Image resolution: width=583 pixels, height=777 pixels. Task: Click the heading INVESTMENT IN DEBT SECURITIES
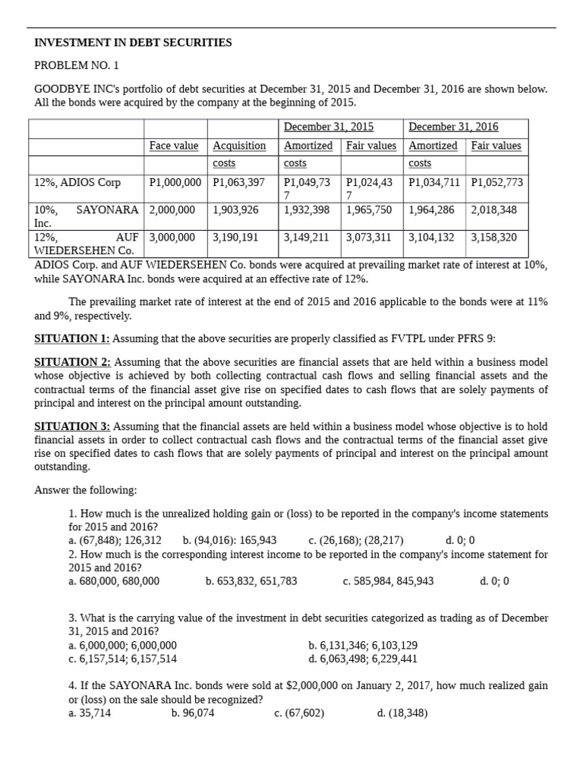point(133,43)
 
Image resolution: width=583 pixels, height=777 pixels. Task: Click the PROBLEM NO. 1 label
point(77,66)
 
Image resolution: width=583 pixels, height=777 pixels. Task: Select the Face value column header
point(174,146)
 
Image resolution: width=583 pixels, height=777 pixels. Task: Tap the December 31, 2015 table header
point(329,127)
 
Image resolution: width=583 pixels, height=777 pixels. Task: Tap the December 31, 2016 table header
point(453,127)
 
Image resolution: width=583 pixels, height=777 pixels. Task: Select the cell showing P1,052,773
point(496,183)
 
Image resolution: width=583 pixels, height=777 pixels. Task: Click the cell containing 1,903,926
point(236,209)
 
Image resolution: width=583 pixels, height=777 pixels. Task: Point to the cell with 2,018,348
point(493,209)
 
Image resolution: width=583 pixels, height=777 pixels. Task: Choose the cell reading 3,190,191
point(236,238)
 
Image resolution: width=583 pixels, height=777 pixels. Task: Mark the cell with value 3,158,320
point(493,238)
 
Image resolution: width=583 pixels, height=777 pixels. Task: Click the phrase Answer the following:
point(86,490)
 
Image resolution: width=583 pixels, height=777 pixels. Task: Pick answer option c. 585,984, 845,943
point(388,581)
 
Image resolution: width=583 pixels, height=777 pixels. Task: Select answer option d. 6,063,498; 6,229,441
point(363,659)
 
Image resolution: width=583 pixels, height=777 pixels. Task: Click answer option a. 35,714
point(90,713)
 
